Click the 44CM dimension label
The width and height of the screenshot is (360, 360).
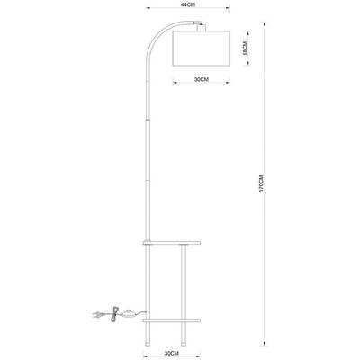188,5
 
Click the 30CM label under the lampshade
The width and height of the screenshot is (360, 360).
202,80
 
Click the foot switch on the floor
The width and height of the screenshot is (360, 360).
134,314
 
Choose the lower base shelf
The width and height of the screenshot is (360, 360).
175,319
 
